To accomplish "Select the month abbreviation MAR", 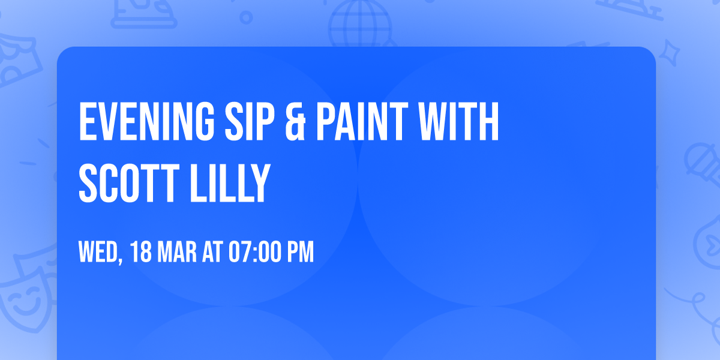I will click(177, 253).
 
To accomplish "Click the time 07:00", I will click(255, 253).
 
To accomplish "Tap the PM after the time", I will click(301, 253).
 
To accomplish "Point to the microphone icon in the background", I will click(699, 159).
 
